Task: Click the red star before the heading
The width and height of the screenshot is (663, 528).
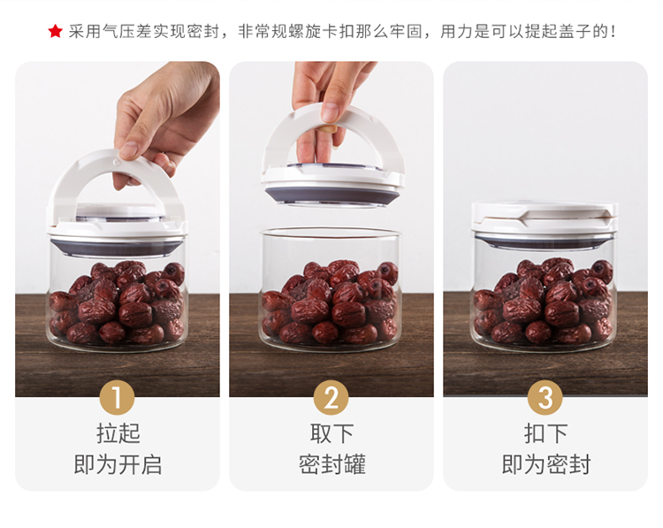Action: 56,31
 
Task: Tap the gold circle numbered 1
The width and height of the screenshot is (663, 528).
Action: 117,397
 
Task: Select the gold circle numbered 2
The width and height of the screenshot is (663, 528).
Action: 331,397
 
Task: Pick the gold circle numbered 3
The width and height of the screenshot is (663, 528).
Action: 545,397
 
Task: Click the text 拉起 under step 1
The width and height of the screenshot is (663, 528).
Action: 118,433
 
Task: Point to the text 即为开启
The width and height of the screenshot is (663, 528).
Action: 118,464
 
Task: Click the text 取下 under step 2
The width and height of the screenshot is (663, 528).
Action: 331,433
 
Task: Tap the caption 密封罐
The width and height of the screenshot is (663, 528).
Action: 331,464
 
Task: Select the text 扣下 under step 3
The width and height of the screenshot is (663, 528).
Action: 546,433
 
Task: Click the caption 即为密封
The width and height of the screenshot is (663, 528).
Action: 546,464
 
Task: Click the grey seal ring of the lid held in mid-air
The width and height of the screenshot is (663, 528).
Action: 331,195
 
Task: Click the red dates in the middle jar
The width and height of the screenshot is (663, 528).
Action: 330,302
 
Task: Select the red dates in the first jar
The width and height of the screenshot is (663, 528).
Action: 117,303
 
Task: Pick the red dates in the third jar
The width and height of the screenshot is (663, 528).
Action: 543,302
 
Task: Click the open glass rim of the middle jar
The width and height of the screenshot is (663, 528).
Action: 331,232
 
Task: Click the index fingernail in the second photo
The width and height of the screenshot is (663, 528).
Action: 329,112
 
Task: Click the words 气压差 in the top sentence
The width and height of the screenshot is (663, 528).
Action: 118,31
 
